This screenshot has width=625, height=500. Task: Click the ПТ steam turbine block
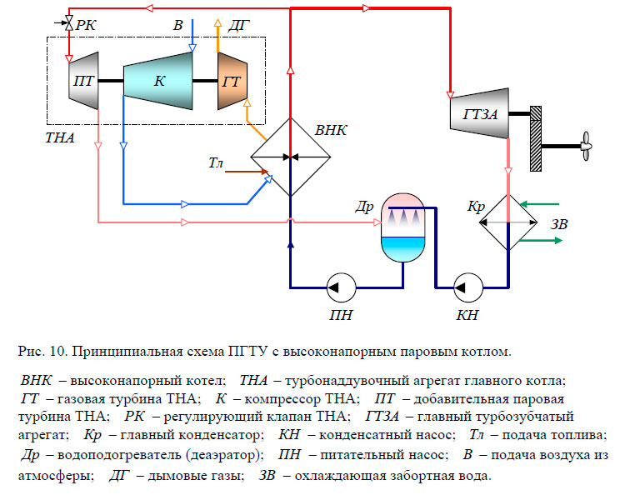coord(82,81)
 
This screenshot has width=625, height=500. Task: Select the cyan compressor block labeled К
coord(158,81)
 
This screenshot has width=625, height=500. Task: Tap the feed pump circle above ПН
coord(338,287)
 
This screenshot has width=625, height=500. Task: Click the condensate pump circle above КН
coord(465,287)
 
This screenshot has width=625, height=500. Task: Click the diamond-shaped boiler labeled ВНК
coord(290,157)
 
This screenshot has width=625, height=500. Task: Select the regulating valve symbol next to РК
coord(67,27)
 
